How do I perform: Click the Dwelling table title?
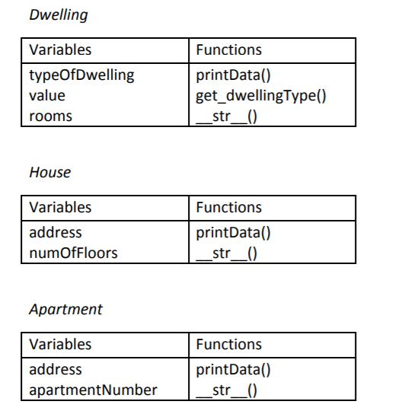tap(58, 14)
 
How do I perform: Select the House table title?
tap(49, 172)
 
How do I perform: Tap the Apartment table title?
tap(65, 309)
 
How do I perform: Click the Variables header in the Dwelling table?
tap(59, 50)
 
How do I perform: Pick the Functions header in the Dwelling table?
tap(228, 50)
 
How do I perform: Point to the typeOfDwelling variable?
tap(81, 75)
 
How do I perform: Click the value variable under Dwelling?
tap(47, 96)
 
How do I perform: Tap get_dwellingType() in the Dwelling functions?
tap(261, 96)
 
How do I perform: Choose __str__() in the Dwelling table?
tap(227, 116)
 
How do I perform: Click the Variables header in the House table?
tap(59, 207)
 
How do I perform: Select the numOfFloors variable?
tap(73, 253)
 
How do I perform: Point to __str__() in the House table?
tap(227, 253)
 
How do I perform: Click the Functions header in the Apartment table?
tap(228, 344)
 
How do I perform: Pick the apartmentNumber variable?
tap(93, 390)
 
